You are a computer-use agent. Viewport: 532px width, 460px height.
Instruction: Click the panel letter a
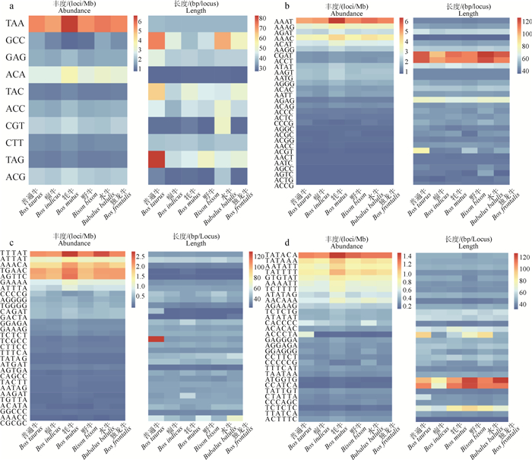pyautogui.click(x=5, y=7)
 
